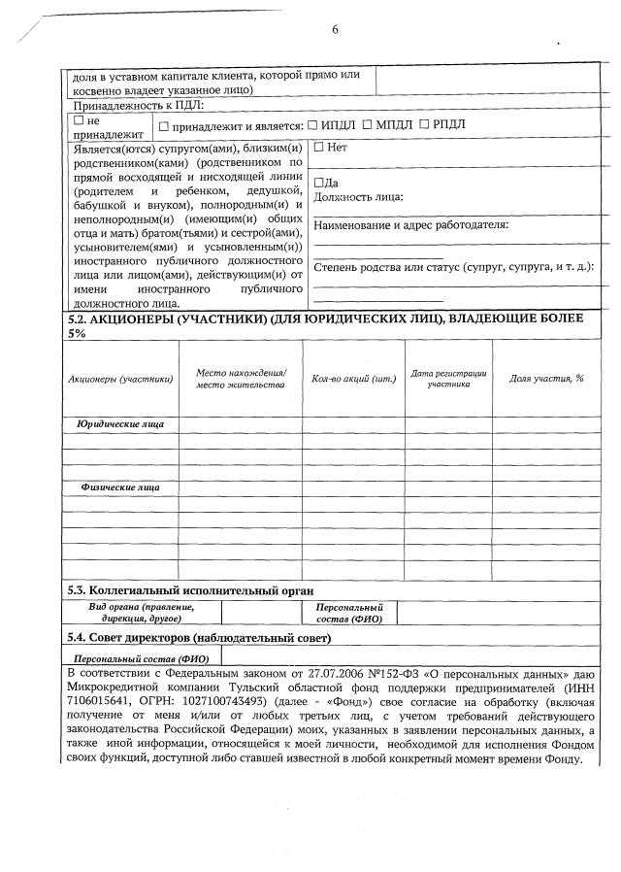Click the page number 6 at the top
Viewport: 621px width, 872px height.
coord(335,29)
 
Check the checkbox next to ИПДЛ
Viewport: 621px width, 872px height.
coord(313,125)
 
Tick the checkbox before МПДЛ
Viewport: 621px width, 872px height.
coord(367,125)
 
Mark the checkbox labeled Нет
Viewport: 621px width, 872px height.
coord(318,148)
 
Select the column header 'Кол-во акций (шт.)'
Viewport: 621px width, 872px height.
coord(353,379)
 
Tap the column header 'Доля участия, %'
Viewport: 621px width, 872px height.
coord(546,378)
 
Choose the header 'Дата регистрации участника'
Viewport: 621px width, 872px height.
coord(448,379)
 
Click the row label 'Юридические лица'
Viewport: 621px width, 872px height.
coord(120,424)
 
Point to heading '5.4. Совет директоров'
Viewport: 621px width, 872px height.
coord(198,638)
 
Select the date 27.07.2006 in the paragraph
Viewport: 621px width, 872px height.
coord(322,673)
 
